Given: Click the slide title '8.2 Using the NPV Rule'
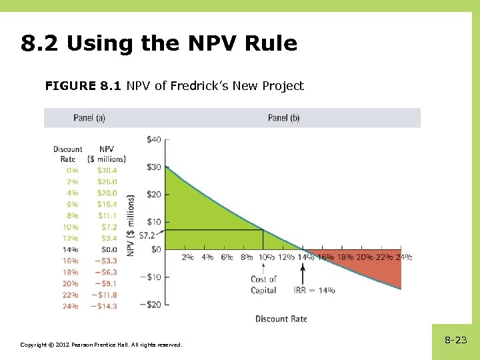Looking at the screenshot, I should click(159, 44).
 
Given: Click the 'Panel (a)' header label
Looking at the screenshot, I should click(89, 118).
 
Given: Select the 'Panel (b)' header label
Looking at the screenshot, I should click(283, 118).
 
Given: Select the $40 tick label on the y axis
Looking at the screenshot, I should click(153, 139).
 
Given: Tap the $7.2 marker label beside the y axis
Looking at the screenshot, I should click(147, 235).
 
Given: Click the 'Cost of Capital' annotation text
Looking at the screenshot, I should click(263, 285).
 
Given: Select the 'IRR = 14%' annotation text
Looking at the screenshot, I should click(314, 291).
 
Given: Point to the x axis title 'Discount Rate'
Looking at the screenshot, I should click(281, 319).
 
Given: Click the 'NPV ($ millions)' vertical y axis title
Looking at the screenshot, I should click(131, 225).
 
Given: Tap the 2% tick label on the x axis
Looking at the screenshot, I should click(188, 257).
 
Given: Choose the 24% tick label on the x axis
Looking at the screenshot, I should click(404, 257).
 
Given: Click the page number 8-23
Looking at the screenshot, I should click(455, 340).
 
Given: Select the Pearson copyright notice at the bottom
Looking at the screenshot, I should click(101, 344).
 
